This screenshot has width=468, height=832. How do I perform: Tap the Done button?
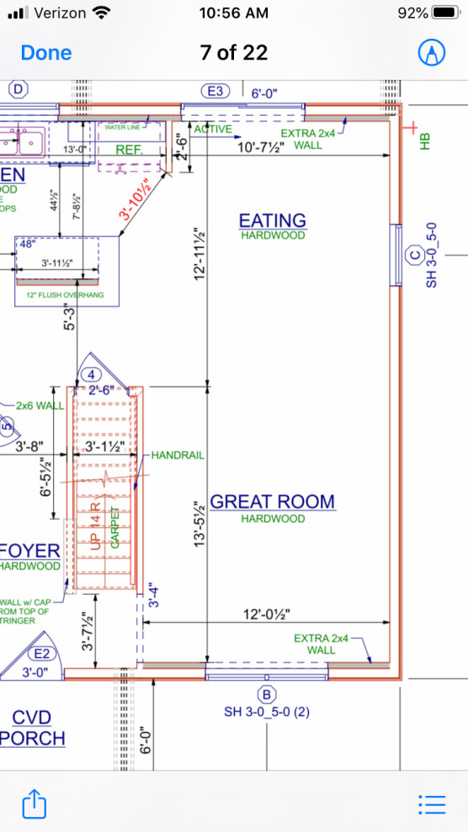pyautogui.click(x=46, y=52)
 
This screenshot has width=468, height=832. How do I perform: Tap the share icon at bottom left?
pyautogui.click(x=34, y=803)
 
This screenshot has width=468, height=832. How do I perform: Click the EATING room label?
pyautogui.click(x=272, y=220)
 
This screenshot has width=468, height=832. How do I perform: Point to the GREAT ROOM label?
pyautogui.click(x=272, y=502)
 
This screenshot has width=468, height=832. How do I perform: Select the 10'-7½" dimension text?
pyautogui.click(x=260, y=147)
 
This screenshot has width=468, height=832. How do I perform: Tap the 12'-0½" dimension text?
pyautogui.click(x=266, y=614)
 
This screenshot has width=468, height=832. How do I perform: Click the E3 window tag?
pyautogui.click(x=216, y=91)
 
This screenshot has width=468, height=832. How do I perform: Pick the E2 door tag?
pyautogui.click(x=40, y=654)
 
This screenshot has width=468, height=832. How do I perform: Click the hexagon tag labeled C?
pyautogui.click(x=413, y=255)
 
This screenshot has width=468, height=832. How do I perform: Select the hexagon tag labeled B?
pyautogui.click(x=267, y=694)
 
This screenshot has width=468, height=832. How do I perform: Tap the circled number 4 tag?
pyautogui.click(x=91, y=375)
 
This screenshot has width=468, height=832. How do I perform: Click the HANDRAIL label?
pyautogui.click(x=178, y=455)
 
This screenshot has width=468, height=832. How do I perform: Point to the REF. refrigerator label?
pyautogui.click(x=130, y=149)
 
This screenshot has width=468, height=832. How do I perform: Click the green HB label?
pyautogui.click(x=425, y=140)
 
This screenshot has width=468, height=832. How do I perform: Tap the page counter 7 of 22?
pyautogui.click(x=234, y=52)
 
